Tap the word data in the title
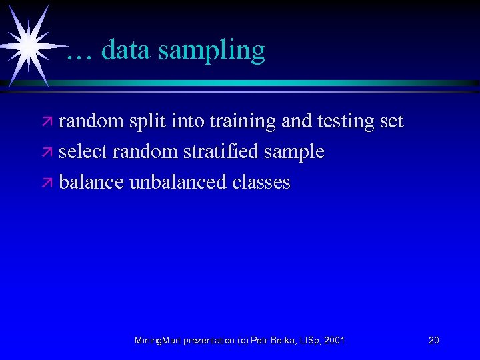tap(126, 49)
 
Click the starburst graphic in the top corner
tap(27, 44)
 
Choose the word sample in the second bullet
tap(295, 153)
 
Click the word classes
tap(262, 182)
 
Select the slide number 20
tap(433, 341)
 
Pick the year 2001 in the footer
tap(334, 341)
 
